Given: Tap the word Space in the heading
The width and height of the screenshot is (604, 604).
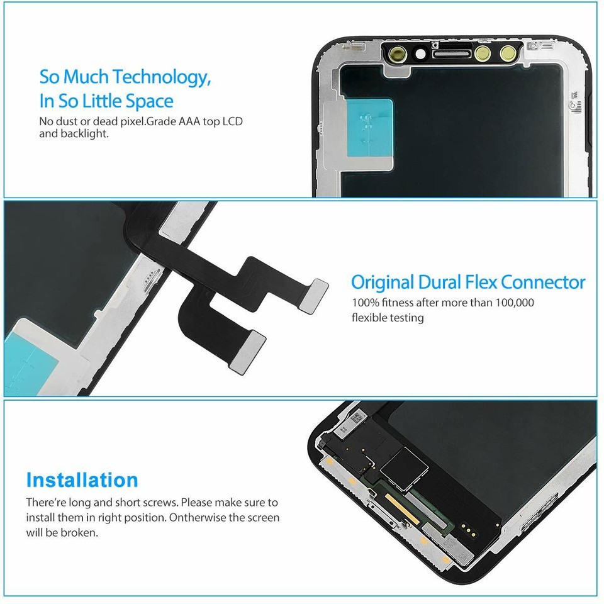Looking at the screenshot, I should (x=149, y=101).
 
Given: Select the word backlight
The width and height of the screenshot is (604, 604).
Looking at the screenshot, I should (x=85, y=134).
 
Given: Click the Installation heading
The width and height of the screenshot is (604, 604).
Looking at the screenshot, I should (x=82, y=480).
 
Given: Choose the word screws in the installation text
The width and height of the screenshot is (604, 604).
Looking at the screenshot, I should (x=172, y=503).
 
